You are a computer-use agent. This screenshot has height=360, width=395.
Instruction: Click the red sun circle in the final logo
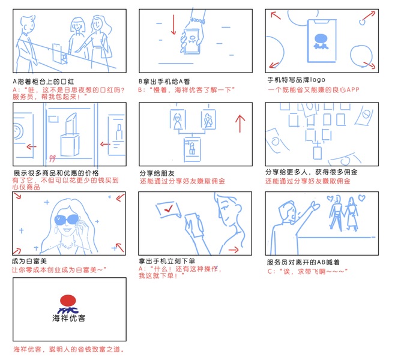[68, 301]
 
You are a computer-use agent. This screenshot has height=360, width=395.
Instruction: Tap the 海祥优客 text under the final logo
[69, 318]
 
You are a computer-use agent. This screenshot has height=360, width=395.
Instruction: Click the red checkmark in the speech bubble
[168, 208]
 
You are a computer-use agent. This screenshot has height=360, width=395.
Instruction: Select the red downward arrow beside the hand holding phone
[173, 25]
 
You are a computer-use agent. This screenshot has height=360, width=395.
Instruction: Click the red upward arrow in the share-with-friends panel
[240, 124]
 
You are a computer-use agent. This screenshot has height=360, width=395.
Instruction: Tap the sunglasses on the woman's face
[66, 220]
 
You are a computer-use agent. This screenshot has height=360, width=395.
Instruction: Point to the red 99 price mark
[52, 158]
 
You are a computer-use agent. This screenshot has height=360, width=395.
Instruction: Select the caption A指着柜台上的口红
[43, 82]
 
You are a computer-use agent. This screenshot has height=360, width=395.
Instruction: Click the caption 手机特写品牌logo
[297, 80]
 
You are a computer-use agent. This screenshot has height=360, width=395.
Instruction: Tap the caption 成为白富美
[29, 261]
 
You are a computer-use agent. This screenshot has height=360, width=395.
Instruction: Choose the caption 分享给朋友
[157, 173]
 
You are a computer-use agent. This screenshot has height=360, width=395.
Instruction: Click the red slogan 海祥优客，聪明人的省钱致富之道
[69, 349]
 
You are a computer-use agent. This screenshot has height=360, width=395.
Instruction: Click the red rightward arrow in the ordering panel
[234, 250]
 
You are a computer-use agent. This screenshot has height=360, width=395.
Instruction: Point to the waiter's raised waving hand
[315, 205]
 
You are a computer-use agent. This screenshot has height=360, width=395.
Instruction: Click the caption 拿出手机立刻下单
[167, 261]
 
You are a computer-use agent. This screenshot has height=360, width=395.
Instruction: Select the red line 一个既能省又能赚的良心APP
[313, 89]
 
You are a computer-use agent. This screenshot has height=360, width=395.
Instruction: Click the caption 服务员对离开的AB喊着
[303, 262]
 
